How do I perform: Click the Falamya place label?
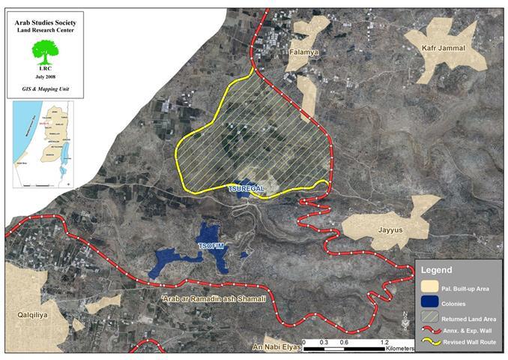tap(305, 53)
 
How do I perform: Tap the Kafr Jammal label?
tap(442, 49)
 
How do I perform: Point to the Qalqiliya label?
tap(25, 316)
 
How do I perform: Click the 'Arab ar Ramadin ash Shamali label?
tap(202, 299)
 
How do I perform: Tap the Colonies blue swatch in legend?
tap(429, 304)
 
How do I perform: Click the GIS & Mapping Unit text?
tap(46, 88)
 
